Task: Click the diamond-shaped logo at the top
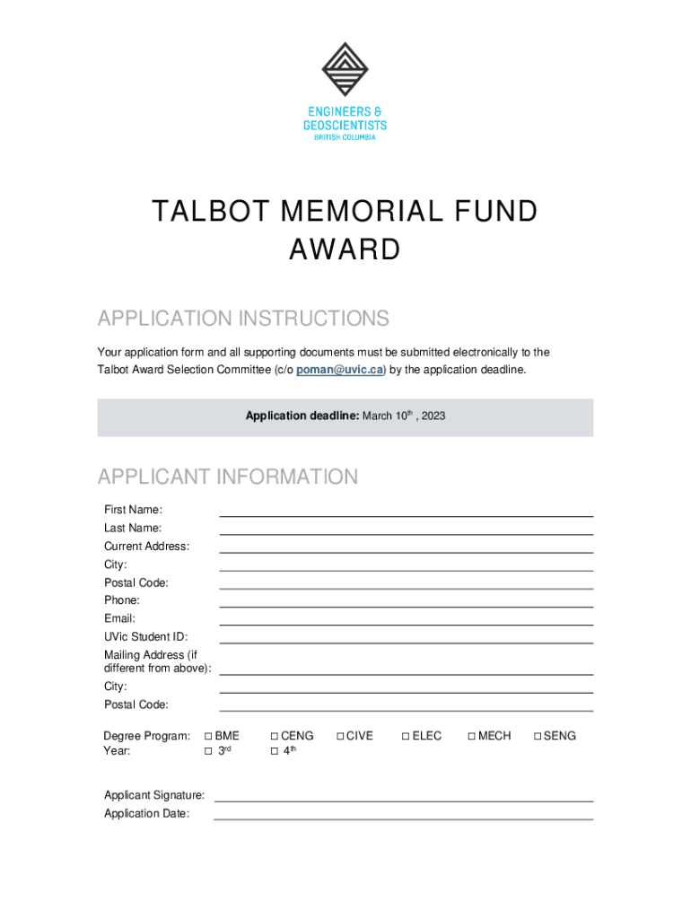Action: [x=345, y=70]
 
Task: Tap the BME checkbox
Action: [x=208, y=736]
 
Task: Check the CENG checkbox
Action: [x=274, y=736]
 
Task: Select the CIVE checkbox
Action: [x=340, y=736]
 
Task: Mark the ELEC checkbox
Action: [x=406, y=736]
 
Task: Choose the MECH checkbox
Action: [x=471, y=736]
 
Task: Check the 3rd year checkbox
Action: [x=208, y=751]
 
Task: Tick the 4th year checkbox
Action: [x=274, y=751]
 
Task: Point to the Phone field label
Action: [x=122, y=600]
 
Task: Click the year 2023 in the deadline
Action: [x=433, y=416]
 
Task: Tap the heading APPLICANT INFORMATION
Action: [x=228, y=477]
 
